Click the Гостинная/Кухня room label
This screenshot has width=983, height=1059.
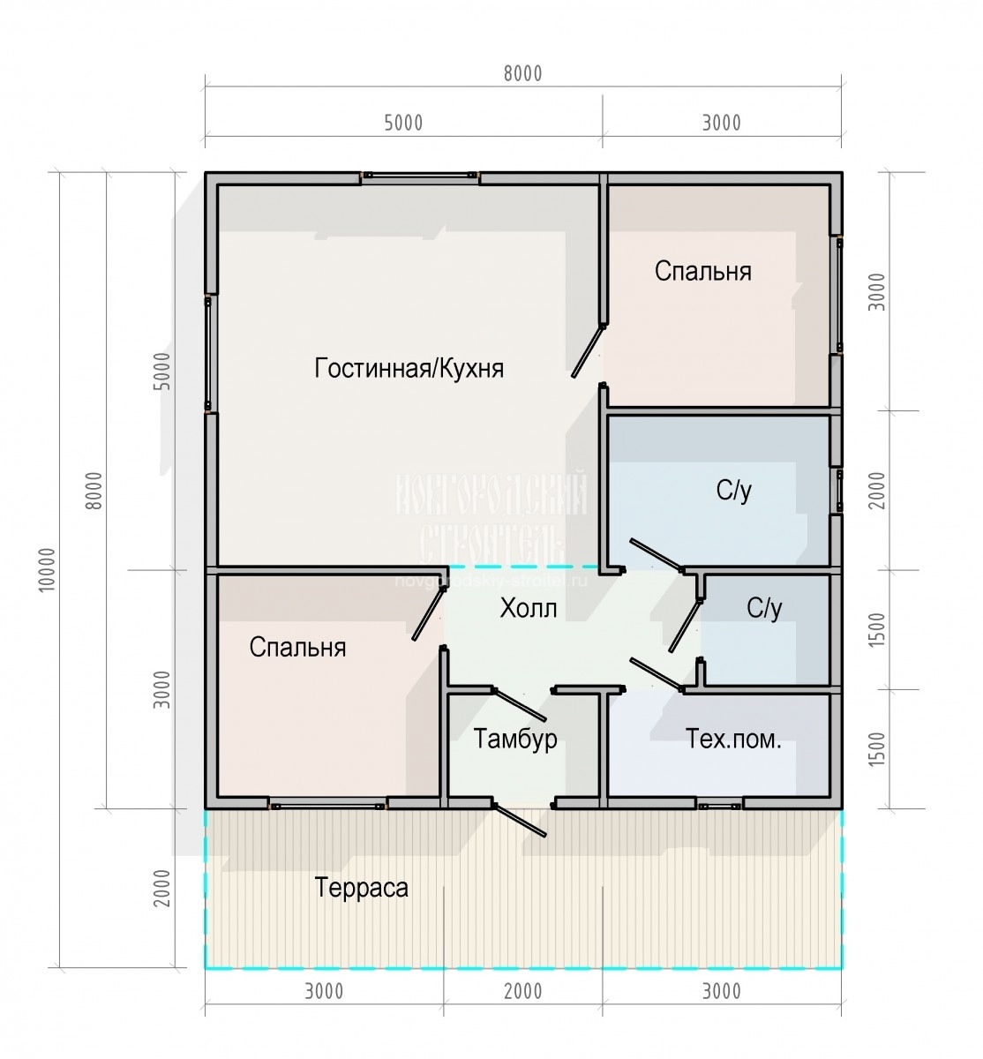(x=409, y=368)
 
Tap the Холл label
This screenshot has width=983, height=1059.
(x=529, y=608)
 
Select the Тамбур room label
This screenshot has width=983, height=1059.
(x=515, y=739)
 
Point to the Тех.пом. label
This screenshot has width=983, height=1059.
(x=733, y=739)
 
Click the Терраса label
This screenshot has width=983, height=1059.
(x=362, y=887)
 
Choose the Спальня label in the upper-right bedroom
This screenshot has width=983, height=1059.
(x=702, y=271)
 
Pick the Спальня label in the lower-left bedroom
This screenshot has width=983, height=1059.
(x=297, y=648)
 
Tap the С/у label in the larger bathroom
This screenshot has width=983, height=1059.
(x=734, y=492)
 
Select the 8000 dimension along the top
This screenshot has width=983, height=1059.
(x=522, y=74)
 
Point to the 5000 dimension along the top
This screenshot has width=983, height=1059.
(x=403, y=123)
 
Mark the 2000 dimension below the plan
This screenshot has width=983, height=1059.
(x=522, y=991)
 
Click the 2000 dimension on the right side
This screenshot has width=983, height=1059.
(x=875, y=490)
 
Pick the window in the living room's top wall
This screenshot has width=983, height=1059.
(x=420, y=176)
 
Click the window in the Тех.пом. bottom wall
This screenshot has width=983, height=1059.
(x=718, y=805)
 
